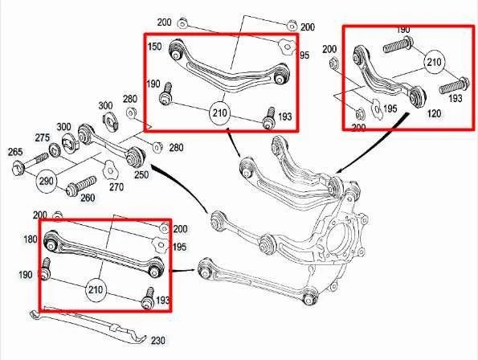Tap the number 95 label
[x=304, y=55]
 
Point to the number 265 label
[x=14, y=151]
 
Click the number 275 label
[x=42, y=138]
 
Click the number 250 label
[x=141, y=174]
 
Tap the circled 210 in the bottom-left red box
[x=96, y=288]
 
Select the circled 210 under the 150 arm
[x=219, y=113]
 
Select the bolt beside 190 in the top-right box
[x=398, y=46]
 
